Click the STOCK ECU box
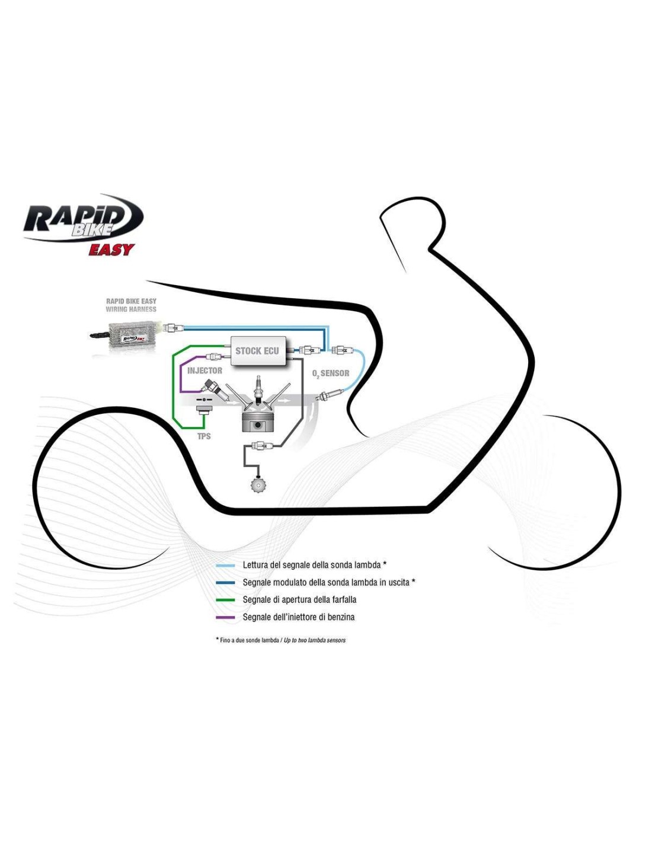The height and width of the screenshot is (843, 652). (257, 351)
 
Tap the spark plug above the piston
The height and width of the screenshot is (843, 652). (257, 388)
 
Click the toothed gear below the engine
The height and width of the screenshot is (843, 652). (258, 484)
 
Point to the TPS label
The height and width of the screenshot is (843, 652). (204, 436)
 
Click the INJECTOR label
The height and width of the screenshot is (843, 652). (204, 371)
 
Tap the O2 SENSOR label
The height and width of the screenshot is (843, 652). (331, 373)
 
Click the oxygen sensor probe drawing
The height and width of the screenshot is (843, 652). (329, 395)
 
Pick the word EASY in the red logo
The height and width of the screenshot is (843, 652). (111, 250)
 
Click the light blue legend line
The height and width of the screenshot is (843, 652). (226, 566)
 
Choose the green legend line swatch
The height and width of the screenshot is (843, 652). (226, 600)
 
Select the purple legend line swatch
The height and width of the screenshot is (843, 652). (226, 618)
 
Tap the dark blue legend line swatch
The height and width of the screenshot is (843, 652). (226, 583)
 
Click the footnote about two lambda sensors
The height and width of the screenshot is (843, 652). (281, 640)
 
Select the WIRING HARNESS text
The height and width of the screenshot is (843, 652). (131, 309)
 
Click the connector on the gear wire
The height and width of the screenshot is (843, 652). (261, 446)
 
